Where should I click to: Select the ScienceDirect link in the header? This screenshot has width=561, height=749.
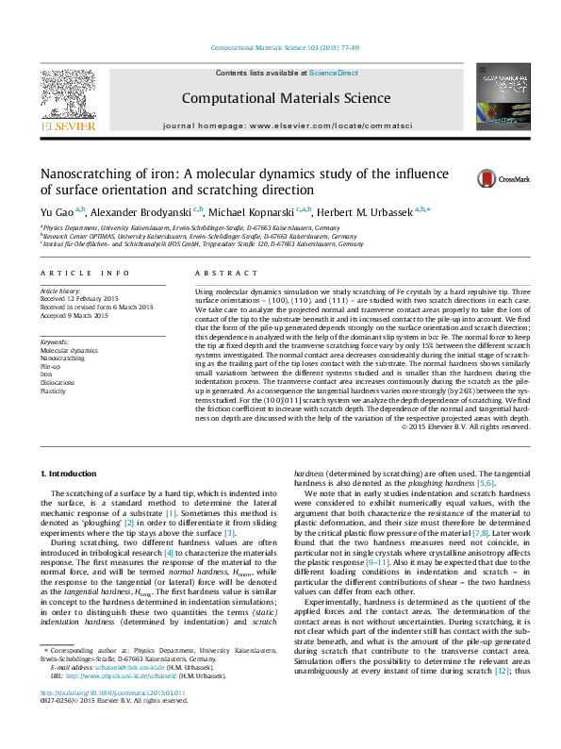335,73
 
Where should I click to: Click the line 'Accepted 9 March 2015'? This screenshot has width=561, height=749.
74,315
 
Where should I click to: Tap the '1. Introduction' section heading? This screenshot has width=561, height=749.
71,472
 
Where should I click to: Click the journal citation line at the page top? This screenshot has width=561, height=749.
280,47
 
